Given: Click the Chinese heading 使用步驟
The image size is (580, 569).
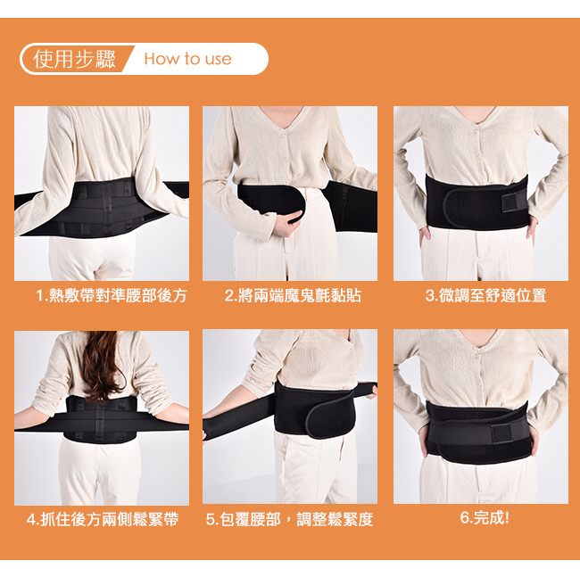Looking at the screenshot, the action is (74, 59).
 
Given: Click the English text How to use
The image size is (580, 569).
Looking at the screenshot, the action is (188, 59).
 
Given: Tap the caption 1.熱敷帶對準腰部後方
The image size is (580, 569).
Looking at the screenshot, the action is (112, 295).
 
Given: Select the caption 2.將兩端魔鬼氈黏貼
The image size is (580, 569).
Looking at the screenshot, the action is (293, 295).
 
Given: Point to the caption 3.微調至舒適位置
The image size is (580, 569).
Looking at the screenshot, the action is (485, 295).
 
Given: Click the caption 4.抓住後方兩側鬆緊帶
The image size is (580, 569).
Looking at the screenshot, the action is (103, 519).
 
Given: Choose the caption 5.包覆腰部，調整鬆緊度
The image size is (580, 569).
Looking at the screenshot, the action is (289, 519).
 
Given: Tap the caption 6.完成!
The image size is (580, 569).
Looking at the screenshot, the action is (485, 517).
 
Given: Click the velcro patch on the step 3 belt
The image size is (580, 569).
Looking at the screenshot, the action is (510, 202).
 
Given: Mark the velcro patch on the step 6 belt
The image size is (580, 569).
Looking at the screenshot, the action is (501, 433).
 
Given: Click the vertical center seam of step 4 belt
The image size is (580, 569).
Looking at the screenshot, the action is (99, 420).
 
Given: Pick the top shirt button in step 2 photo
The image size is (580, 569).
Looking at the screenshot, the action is (284, 136).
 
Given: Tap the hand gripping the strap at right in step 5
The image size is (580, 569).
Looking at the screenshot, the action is (372, 392).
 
